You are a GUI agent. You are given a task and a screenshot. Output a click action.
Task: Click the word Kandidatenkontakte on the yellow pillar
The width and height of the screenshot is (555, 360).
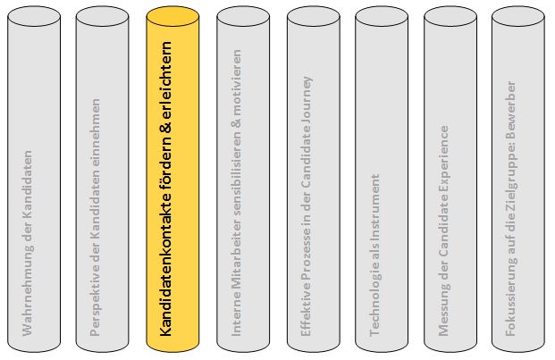point(165,264)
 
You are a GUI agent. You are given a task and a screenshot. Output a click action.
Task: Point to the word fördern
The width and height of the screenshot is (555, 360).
point(165,163)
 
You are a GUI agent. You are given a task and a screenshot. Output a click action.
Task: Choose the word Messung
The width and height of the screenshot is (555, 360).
point(444,312)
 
